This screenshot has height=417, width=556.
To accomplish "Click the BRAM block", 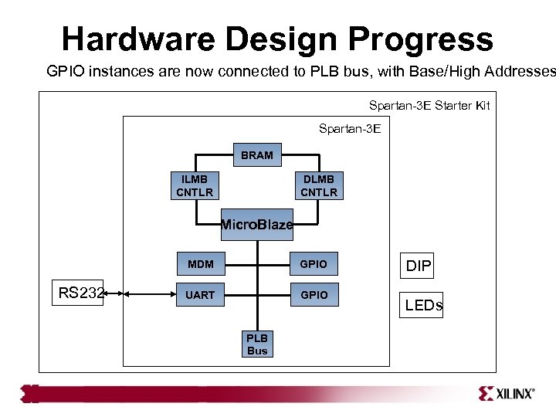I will point(257,155).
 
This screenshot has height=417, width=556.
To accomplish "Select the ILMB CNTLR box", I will point(195,185).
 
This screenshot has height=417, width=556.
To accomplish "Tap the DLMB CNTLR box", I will point(319,185).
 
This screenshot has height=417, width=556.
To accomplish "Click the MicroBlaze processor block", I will point(257,225).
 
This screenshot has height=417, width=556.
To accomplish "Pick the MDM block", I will point(201,264).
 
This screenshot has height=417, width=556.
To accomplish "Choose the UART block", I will point(201,295).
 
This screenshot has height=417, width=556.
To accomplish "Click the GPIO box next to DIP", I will point(314,264).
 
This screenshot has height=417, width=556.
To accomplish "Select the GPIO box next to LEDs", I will point(314,295).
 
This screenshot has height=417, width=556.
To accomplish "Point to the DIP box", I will point(418,266).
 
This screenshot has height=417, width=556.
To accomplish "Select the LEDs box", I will point(424,305).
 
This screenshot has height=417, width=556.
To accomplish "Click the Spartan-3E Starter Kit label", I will point(429,105).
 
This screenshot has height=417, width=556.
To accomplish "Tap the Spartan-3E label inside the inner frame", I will point(350,128).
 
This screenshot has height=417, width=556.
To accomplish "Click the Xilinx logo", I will point(506,393).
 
